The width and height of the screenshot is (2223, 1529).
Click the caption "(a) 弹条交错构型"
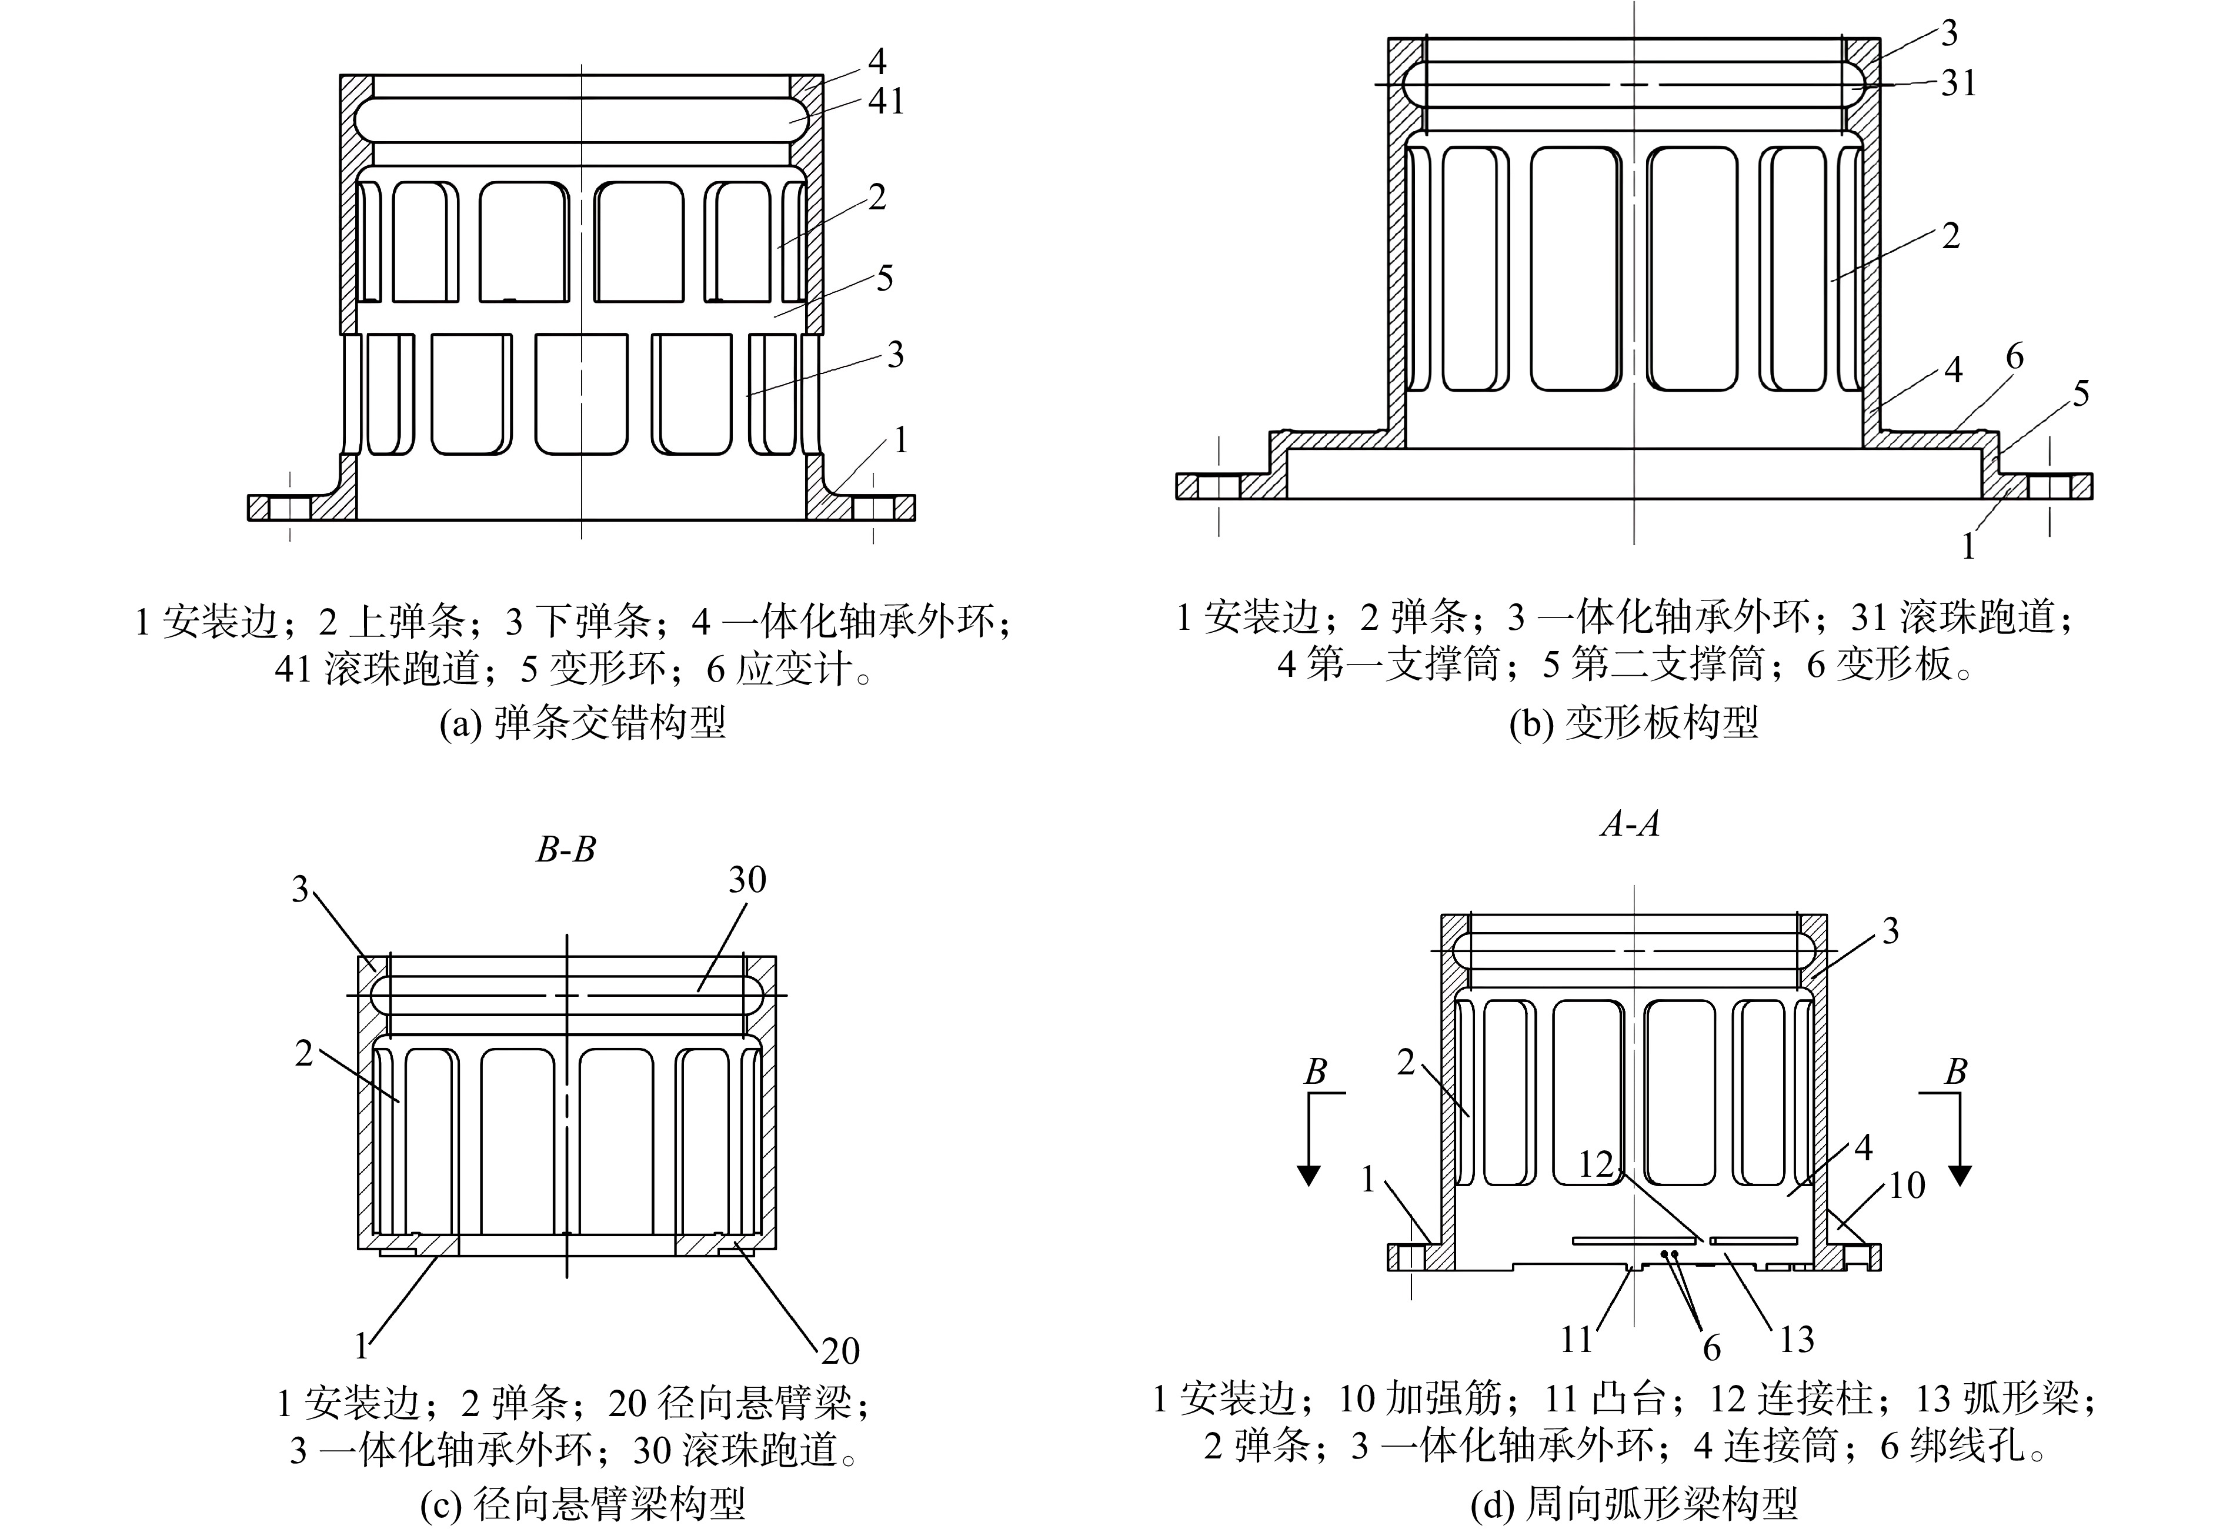point(582,722)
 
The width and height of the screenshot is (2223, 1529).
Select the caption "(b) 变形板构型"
point(1634,722)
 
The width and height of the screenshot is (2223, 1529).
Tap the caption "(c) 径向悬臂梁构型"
point(582,1505)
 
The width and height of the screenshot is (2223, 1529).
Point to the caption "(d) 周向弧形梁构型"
point(1634,1505)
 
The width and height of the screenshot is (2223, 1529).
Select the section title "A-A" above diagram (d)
point(1630,824)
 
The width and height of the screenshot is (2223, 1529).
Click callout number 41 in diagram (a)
point(886,101)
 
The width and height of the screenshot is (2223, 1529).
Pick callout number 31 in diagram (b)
point(1959,84)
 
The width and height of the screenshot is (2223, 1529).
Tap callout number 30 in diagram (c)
point(747,879)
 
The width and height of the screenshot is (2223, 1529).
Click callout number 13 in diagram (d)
point(1796,1339)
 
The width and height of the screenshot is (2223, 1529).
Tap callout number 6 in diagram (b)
point(2014,356)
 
